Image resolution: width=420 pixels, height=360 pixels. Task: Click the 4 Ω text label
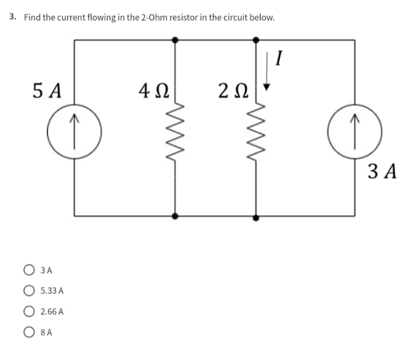tap(152, 92)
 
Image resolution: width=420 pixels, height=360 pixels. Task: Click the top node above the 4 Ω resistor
tap(175, 40)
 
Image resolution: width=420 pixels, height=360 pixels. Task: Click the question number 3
tap(13, 17)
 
